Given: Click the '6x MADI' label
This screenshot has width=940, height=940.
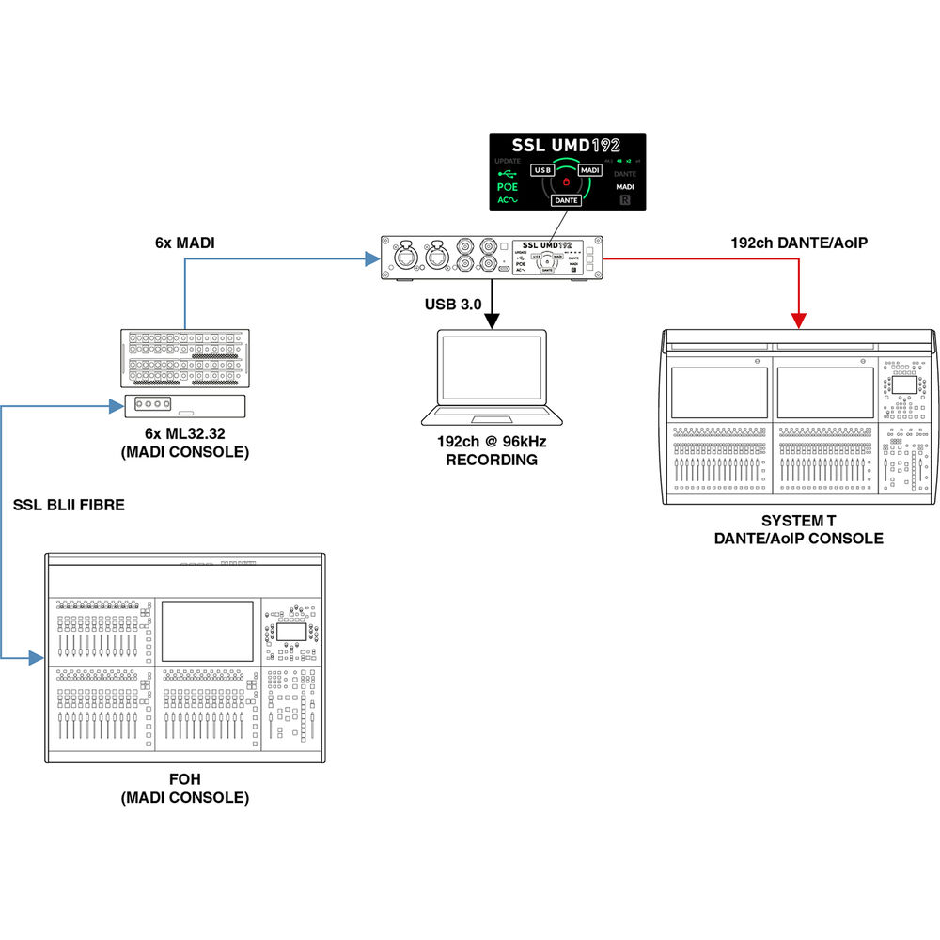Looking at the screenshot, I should coord(185,243).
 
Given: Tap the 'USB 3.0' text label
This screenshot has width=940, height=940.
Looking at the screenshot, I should coord(453,304).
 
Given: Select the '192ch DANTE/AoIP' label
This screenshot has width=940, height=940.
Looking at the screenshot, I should coord(799,243).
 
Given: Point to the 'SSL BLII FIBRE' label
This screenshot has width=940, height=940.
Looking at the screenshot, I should coord(69,505).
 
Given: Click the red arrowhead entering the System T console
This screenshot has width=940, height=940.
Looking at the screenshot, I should coord(799,321).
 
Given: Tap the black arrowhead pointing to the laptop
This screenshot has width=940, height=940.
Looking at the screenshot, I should coord(491,322).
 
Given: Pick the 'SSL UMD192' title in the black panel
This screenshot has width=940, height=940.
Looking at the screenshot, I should coord(566,147).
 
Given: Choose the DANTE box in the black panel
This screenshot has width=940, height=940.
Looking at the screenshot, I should coord(566,200).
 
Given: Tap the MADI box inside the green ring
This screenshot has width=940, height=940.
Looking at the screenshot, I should coord(590,170).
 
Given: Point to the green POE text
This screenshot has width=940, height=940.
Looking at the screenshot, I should coord(508,187).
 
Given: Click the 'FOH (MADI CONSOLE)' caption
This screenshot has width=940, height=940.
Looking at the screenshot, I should coord(185,789).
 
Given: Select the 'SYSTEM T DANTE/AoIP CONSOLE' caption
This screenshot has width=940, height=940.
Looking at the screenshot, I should coord(798,529).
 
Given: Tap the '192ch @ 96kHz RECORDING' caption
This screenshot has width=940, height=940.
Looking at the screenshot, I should coord(492,451).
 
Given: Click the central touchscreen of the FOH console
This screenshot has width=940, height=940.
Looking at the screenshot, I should coord(208,632).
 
